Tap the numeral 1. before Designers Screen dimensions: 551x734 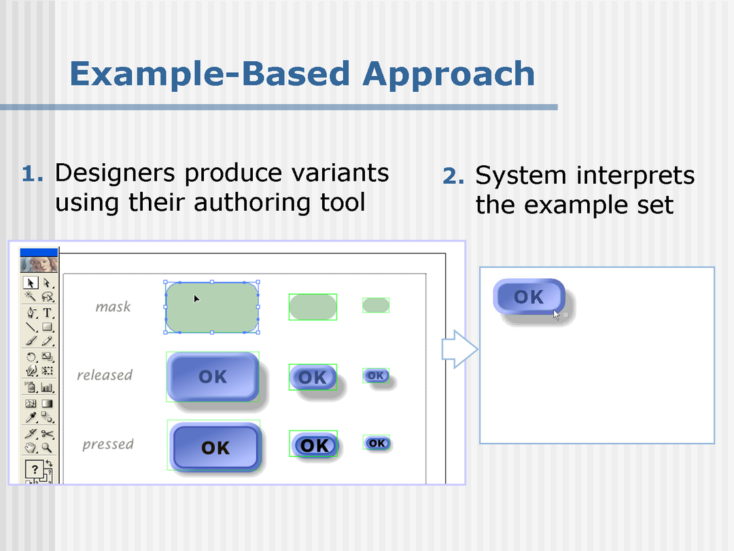point(32,174)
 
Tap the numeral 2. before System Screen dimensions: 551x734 point(453,177)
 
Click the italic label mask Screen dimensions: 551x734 point(113,307)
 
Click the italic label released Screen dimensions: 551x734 point(104,375)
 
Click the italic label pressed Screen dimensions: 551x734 point(107,444)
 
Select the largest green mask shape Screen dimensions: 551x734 point(212,307)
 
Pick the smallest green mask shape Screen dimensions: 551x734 point(375,305)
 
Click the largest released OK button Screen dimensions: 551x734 point(213,376)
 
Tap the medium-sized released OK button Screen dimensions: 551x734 point(313,377)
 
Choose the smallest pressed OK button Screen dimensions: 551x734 point(377,444)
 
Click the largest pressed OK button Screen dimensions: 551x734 point(215,447)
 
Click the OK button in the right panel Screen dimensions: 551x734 point(529,297)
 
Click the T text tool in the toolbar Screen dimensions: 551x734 point(48,313)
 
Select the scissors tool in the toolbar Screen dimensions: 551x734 point(47,433)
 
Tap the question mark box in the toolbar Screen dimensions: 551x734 point(34,469)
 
